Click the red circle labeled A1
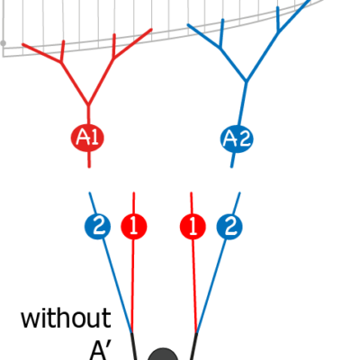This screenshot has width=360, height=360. coord(87,138)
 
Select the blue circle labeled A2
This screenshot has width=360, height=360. coord(237,139)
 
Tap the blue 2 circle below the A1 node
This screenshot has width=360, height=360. coord(97,227)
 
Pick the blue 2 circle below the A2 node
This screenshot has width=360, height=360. coord(229,227)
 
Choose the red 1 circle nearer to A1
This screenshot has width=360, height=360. coord(134,227)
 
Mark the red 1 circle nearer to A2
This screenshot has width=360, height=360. coord(193,227)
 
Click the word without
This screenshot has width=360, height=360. coord(66,318)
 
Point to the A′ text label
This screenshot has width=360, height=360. coord(98,351)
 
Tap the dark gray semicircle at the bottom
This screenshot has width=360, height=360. coord(163,355)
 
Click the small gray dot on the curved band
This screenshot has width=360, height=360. coord(3,43)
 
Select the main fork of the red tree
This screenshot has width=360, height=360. coord(88,105)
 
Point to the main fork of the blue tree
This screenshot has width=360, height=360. coord(247,81)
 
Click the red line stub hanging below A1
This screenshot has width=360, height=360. coord(89,159)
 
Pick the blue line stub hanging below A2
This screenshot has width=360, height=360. coord(232,160)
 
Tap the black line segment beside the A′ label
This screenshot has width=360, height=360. coord(134,346)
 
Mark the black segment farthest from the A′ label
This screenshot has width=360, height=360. coord(194,346)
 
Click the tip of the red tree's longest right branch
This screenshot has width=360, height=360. coord(151,30)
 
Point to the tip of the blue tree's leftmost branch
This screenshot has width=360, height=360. coord(188,25)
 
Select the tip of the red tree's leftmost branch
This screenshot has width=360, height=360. coord(22,45)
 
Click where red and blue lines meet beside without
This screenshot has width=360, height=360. coord(131,332)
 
